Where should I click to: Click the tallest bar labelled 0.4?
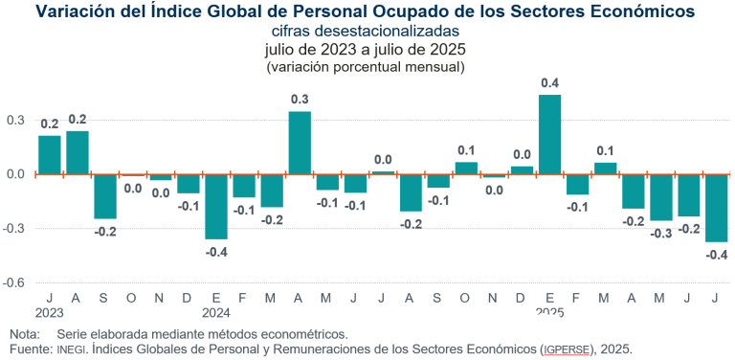click(x=549, y=134)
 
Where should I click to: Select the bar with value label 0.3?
click(x=300, y=143)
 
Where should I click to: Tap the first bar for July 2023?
click(x=50, y=155)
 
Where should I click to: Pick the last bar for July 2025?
click(x=716, y=208)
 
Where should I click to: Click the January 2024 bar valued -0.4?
click(x=216, y=207)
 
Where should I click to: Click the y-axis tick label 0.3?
click(x=15, y=121)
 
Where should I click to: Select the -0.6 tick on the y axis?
click(x=13, y=283)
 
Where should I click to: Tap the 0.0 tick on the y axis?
click(x=15, y=174)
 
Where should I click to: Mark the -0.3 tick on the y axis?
click(x=13, y=229)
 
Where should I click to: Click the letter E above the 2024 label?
click(x=216, y=298)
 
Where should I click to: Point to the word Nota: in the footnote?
click(x=25, y=334)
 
